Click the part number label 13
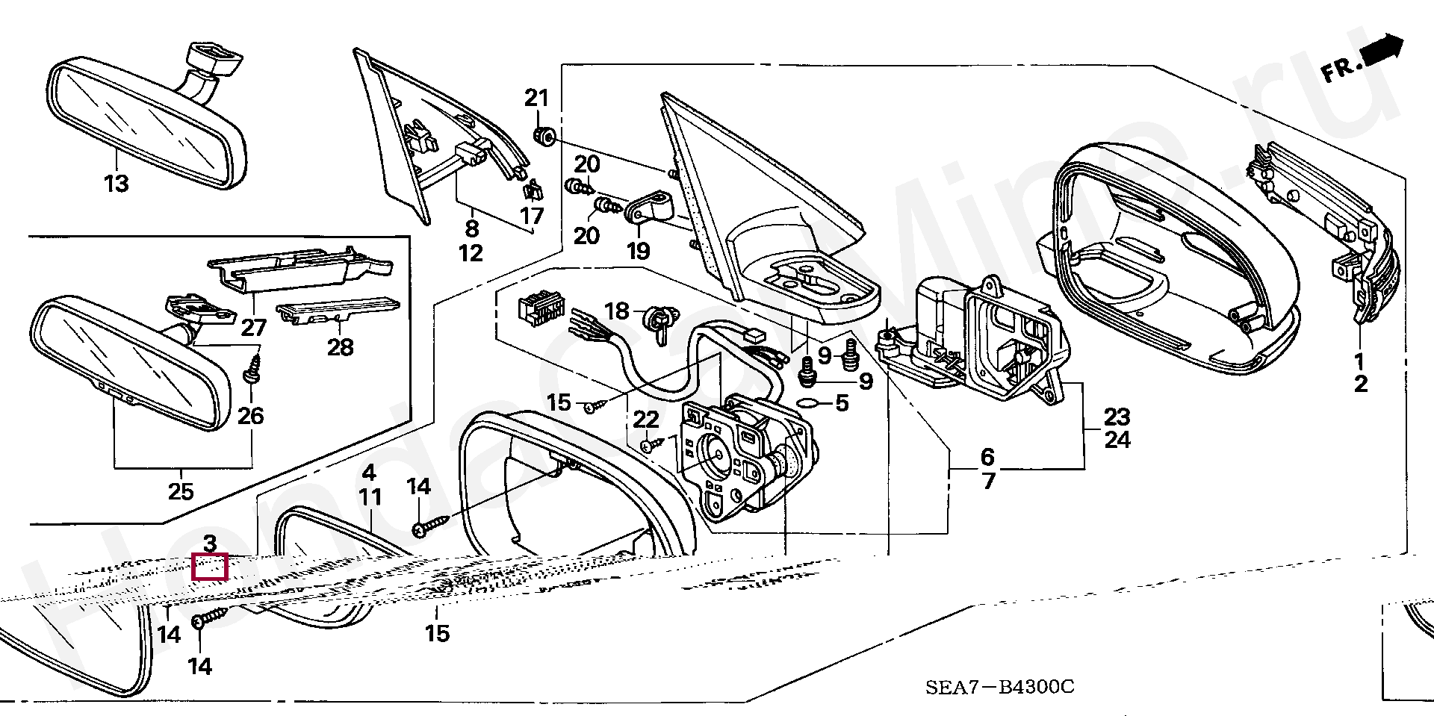(117, 184)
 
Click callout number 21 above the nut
(536, 99)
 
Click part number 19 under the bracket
(639, 251)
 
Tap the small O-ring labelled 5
(807, 405)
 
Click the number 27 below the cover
(253, 328)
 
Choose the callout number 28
(341, 347)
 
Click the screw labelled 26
(252, 371)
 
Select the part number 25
(181, 492)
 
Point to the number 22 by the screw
(647, 420)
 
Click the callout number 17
(533, 217)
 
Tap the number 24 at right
(1117, 441)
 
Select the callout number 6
(987, 456)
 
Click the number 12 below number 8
(471, 253)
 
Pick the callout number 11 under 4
(370, 496)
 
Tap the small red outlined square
(210, 567)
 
